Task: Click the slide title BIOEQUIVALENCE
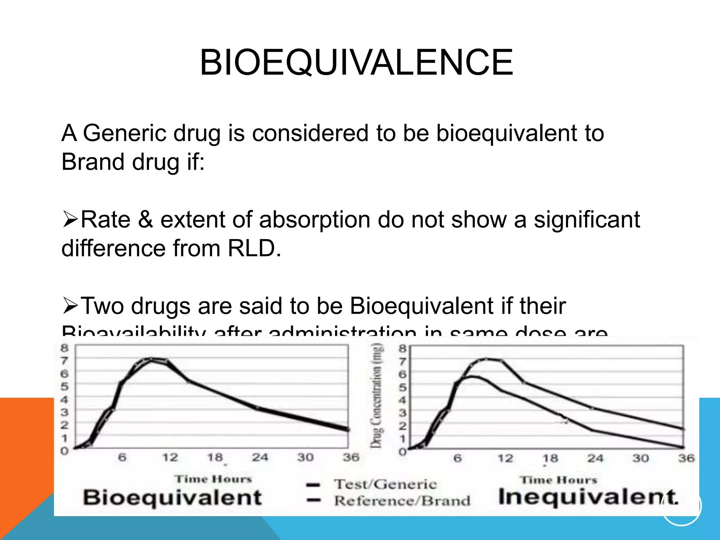click(356, 63)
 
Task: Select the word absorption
click(315, 220)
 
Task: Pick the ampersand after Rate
click(145, 220)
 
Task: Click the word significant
click(587, 220)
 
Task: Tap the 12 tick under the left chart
click(170, 457)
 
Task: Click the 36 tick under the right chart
click(686, 458)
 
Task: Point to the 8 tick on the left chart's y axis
click(64, 348)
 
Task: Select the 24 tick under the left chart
click(260, 457)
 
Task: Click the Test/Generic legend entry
click(385, 484)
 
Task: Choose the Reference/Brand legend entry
click(402, 501)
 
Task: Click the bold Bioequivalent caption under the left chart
click(172, 497)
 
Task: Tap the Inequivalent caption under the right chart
click(588, 497)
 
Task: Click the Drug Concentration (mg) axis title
click(377, 396)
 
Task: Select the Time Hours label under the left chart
click(213, 479)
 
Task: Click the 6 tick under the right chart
click(457, 458)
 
